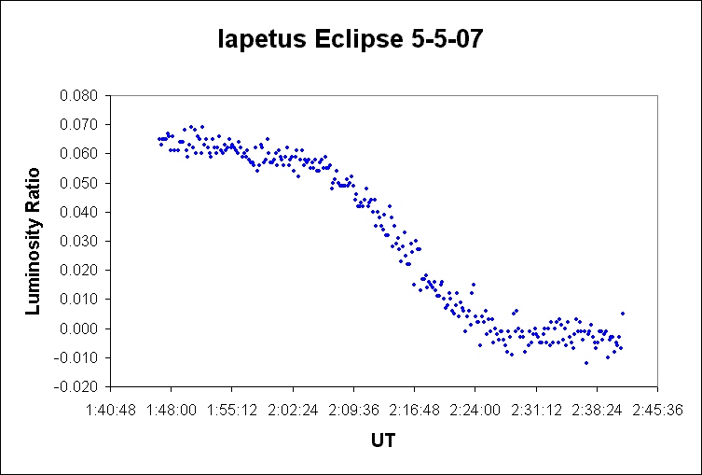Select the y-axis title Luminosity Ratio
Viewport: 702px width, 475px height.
tap(34, 240)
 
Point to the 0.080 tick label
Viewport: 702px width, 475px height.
tap(80, 95)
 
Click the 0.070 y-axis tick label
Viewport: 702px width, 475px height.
tap(80, 124)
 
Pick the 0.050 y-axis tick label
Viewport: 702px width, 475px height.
tap(80, 183)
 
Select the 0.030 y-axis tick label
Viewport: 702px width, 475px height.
tap(80, 241)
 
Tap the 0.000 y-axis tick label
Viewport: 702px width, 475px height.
tap(80, 328)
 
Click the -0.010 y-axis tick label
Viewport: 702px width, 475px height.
tap(78, 357)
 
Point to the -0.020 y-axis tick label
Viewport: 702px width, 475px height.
tap(78, 386)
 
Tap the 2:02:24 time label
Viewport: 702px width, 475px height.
tap(293, 409)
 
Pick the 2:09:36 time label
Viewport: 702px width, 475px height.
tap(353, 409)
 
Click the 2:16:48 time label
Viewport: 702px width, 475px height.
tap(414, 409)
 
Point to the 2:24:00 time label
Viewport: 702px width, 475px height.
tap(475, 409)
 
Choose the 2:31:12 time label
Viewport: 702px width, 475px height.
tap(536, 409)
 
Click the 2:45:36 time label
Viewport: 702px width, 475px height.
tap(658, 409)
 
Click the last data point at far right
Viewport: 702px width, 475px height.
tap(623, 314)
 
